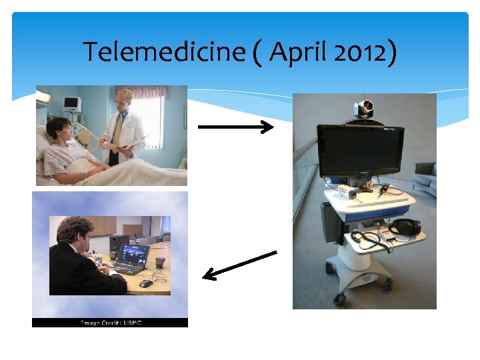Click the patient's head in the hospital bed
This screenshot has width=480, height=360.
point(58,129)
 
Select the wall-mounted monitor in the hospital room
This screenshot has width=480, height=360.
point(71,104)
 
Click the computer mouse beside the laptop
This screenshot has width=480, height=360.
point(146,283)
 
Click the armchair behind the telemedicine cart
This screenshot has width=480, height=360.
point(424,177)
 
